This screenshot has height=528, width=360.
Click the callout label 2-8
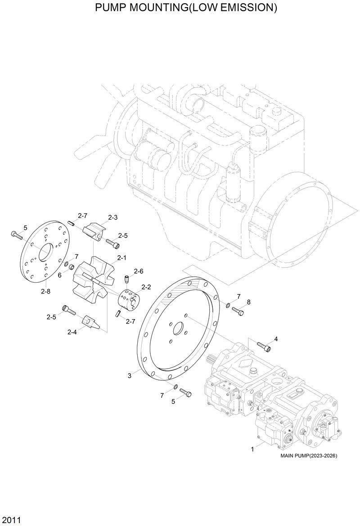45,291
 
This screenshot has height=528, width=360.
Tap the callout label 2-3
112,217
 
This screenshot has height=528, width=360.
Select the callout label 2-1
121,258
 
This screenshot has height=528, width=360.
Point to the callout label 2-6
138,271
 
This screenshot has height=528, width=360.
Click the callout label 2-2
146,287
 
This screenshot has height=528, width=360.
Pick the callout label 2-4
72,332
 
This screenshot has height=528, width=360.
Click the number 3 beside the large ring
130,375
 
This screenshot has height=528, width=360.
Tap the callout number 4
276,338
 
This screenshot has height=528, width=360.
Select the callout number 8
248,302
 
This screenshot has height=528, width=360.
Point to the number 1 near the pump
252,449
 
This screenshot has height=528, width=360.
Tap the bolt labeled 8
238,311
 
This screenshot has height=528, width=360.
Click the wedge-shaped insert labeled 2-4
90,322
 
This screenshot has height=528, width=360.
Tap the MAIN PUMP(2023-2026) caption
308,456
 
